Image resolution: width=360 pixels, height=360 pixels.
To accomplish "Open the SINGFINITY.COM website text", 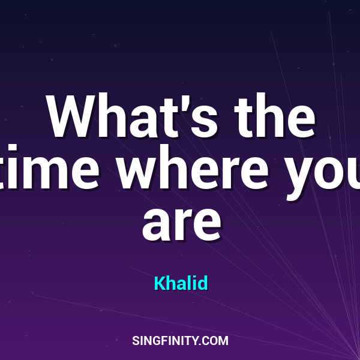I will [180, 341].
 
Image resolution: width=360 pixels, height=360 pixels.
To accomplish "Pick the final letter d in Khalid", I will [203, 283].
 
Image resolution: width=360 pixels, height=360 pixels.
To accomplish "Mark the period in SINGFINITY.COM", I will [201, 344].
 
